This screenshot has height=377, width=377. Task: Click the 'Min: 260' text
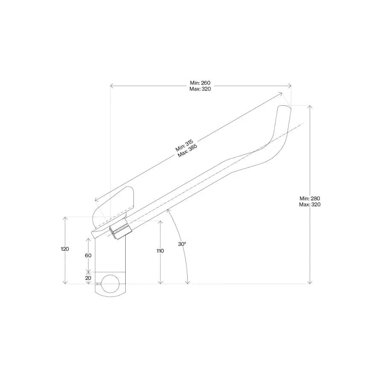click(x=200, y=82)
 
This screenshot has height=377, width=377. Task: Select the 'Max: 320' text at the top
click(x=200, y=89)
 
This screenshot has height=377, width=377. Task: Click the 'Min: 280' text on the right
click(x=310, y=198)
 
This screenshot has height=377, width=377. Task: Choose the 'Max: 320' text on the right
click(x=310, y=204)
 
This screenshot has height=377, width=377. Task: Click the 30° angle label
click(x=182, y=244)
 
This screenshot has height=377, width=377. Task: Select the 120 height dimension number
click(x=65, y=249)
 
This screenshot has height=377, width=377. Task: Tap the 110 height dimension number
click(x=160, y=251)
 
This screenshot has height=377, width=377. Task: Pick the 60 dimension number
click(x=88, y=255)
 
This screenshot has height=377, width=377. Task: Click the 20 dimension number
click(x=88, y=278)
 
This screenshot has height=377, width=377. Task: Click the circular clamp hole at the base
click(x=110, y=284)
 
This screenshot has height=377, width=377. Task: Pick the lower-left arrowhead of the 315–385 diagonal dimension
click(x=97, y=199)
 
